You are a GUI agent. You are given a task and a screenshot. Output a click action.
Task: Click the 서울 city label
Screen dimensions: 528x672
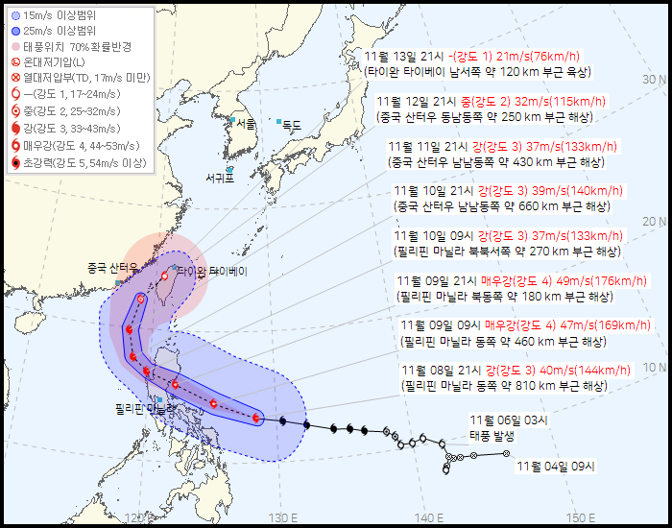[x=247, y=124]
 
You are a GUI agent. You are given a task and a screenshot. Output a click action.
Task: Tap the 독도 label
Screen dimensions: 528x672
[x=291, y=124]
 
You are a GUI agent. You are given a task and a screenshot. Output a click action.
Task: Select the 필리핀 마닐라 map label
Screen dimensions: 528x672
[x=142, y=408]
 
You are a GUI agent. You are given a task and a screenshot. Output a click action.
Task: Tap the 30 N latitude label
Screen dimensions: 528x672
[x=655, y=79]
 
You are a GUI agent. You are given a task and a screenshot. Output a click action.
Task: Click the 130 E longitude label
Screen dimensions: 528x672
[x=278, y=518]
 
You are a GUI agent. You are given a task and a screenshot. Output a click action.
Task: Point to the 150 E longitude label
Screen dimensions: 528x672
[x=580, y=518]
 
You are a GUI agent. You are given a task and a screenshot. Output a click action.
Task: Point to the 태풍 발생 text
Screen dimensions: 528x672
[x=492, y=435]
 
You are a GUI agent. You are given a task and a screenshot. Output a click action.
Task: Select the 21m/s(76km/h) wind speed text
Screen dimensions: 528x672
[x=533, y=57]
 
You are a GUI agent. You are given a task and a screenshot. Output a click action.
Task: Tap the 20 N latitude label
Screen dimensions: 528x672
[x=655, y=222]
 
